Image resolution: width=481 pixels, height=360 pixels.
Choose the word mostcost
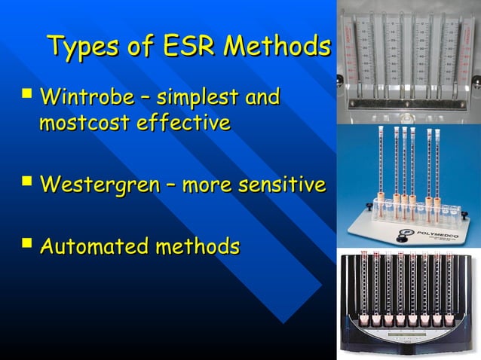pos(84,122)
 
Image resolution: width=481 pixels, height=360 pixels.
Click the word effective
pos(183,122)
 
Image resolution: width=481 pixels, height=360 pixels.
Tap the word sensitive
pos(280,185)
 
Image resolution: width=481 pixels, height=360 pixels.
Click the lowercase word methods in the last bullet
pos(197,246)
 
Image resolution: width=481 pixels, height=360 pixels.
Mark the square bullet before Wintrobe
pos(28,96)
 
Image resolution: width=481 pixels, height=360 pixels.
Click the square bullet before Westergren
pos(28,183)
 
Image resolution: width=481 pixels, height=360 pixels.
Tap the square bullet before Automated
pos(28,245)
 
